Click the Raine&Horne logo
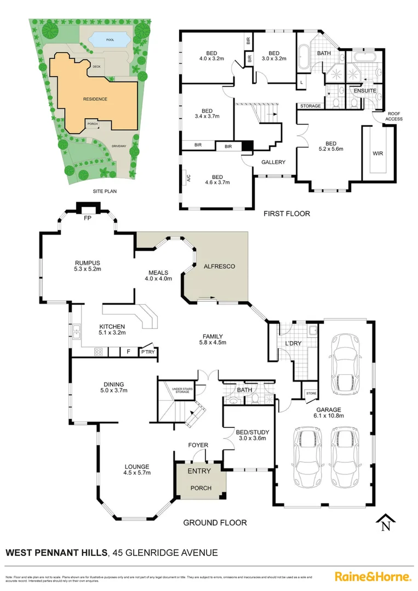373,576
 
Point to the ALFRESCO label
219,266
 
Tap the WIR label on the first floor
378,154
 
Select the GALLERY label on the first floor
273,162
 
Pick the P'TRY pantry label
148,352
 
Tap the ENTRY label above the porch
199,471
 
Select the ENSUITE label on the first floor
364,90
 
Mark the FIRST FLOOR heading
287,213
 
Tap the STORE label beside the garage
311,393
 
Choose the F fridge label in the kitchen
128,351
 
